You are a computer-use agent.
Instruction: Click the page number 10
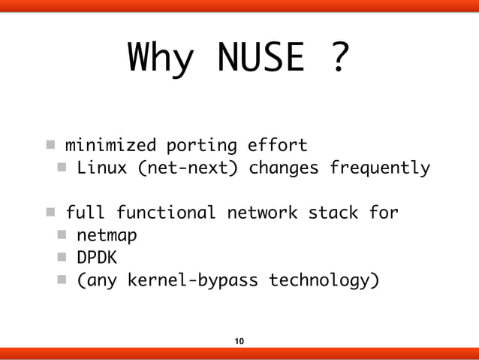(x=239, y=342)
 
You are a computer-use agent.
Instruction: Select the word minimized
(x=110, y=144)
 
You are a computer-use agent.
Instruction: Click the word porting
(x=200, y=144)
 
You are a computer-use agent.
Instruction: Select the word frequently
(x=380, y=168)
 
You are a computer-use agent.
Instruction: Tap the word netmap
(x=106, y=236)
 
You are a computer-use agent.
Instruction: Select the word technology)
(x=324, y=282)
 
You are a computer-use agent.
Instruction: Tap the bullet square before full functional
(x=48, y=213)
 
